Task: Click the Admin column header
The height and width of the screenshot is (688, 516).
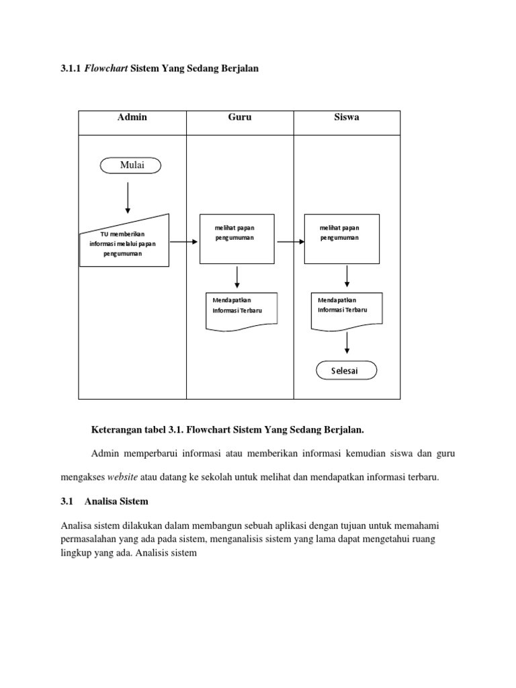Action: coord(132,117)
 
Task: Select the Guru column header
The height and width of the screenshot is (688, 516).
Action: coord(240,117)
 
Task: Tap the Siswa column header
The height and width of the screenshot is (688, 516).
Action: coord(346,117)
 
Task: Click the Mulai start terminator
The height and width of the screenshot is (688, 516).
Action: coord(130,165)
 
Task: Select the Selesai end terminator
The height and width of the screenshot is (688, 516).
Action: coord(346,371)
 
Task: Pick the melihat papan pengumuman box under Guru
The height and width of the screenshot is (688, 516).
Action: coord(236,239)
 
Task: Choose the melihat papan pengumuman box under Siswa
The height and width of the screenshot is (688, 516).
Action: coord(342,239)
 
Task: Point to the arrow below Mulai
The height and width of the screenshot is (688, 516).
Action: coord(128,197)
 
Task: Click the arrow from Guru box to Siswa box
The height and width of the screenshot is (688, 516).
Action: coord(290,241)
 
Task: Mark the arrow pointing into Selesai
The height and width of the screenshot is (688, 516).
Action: coord(347,343)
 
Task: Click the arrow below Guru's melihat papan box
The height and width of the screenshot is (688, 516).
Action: coord(236,277)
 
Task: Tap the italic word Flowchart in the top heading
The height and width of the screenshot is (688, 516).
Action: coord(107,68)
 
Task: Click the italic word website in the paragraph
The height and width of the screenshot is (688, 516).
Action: coord(123,476)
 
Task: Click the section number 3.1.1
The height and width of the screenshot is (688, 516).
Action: coord(71,68)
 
